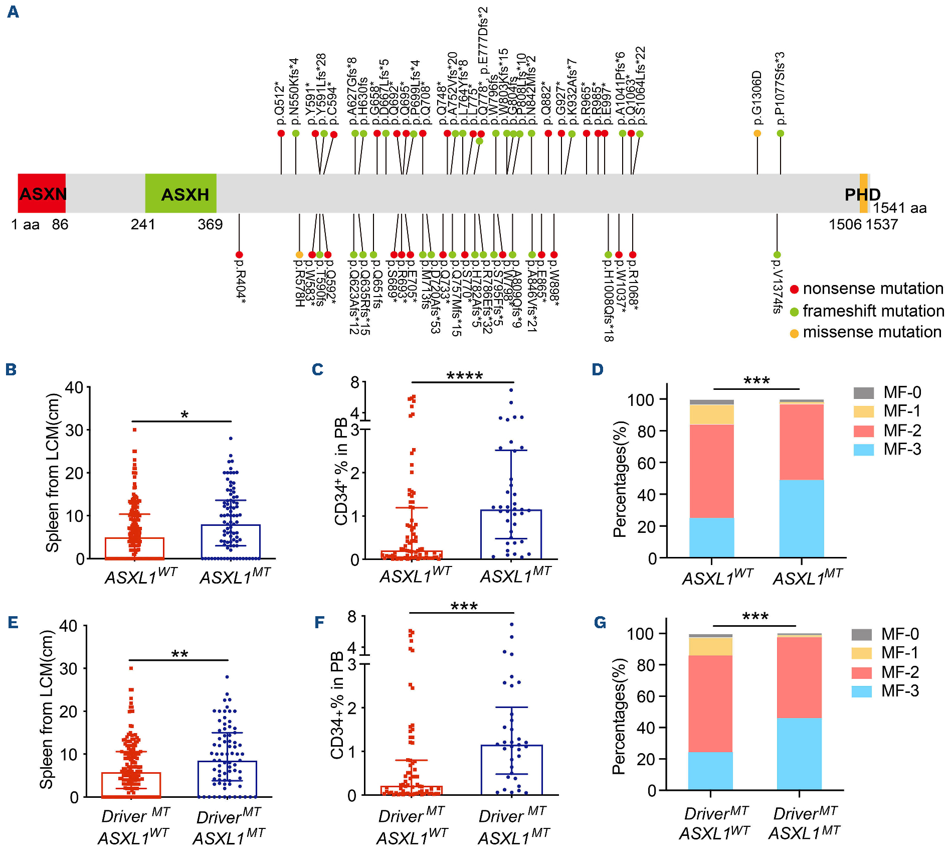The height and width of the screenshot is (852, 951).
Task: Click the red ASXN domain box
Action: click(x=42, y=194)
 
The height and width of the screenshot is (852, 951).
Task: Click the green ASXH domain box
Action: click(x=181, y=194)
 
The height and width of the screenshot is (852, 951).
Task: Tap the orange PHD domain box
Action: click(x=863, y=194)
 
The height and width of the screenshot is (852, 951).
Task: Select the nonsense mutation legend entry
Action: click(x=867, y=289)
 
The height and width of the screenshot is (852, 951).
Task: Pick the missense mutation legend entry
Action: click(x=866, y=333)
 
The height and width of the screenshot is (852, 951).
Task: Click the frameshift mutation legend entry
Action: click(x=867, y=311)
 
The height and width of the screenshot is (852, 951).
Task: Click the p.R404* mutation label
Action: click(x=240, y=281)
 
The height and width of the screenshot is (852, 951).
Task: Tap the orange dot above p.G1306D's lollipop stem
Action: click(x=757, y=133)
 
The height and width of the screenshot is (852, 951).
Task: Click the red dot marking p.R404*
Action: click(x=239, y=255)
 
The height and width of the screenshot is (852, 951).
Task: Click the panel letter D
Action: click(x=598, y=370)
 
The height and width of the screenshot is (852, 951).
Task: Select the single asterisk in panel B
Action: click(x=184, y=415)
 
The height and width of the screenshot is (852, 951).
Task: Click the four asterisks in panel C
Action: click(x=464, y=376)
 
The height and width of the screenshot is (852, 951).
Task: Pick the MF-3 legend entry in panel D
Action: click(x=887, y=450)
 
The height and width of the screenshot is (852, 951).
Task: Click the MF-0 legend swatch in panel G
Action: click(x=861, y=634)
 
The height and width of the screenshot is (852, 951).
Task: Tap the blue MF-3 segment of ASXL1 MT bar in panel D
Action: click(x=802, y=518)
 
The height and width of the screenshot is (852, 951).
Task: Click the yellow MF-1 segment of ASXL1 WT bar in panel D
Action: click(x=711, y=414)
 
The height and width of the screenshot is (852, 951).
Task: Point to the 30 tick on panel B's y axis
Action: click(x=75, y=430)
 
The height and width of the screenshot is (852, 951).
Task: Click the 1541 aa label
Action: click(x=899, y=208)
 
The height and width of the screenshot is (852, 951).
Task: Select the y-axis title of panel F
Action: click(x=337, y=704)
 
